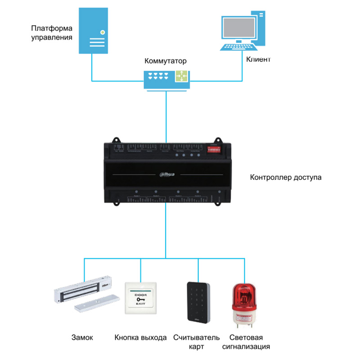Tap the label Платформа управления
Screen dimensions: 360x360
(x=52, y=33)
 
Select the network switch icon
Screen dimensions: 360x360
(x=166, y=77)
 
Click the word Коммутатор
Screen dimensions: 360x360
(x=165, y=61)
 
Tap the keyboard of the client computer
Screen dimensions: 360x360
(x=238, y=47)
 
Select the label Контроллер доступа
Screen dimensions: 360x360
(x=286, y=177)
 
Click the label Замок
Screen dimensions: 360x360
(x=82, y=337)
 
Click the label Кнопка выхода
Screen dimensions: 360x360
(x=140, y=337)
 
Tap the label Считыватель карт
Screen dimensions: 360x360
(x=197, y=342)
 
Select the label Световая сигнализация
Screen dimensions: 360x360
(x=246, y=342)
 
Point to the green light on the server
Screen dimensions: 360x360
(x=103, y=32)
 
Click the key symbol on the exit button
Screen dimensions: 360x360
(x=141, y=299)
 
